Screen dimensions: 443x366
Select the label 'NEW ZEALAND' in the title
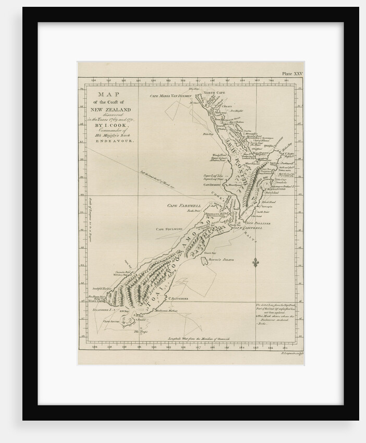[108, 109]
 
